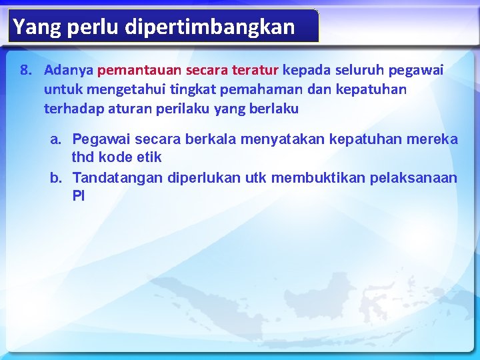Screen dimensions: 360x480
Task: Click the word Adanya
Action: point(69,69)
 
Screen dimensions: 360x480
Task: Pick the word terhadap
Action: point(69,108)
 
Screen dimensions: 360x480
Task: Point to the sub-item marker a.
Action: point(57,139)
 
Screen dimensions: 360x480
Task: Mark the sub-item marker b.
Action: point(57,178)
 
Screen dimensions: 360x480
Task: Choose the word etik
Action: point(149,158)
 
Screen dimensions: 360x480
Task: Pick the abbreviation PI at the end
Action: point(79,197)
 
